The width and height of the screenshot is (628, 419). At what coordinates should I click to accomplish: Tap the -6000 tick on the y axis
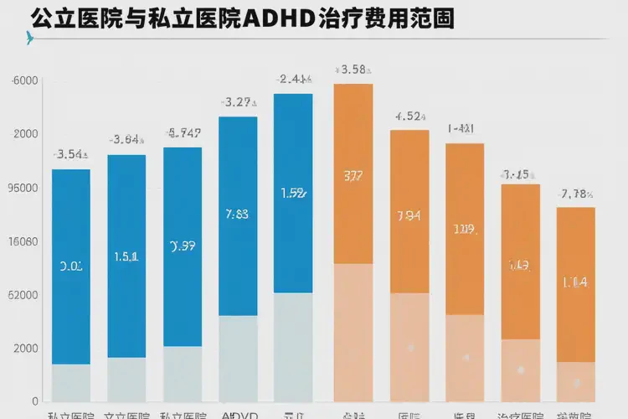coord(23,81)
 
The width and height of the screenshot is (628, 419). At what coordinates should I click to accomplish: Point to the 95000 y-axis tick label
coord(23,188)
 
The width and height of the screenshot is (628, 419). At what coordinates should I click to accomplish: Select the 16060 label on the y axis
coord(23,241)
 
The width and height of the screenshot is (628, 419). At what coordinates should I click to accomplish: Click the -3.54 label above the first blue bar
coord(71,154)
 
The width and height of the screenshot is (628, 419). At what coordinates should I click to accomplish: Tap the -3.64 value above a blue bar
coord(126,140)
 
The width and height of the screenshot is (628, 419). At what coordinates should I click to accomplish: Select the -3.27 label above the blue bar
coord(238,102)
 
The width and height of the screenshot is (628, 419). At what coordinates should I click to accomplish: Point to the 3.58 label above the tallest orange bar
coord(353,70)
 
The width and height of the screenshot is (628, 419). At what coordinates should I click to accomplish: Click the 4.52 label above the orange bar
coord(410,116)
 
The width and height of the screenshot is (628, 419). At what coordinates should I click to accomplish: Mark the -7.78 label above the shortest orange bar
coord(576,194)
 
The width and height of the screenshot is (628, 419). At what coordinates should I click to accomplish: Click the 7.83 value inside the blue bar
coord(238,214)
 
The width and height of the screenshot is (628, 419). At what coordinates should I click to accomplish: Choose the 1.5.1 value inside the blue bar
coord(126,256)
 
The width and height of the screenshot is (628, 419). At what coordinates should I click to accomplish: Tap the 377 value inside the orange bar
coord(353,176)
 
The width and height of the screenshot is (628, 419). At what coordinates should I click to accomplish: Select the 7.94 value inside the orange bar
coord(409,215)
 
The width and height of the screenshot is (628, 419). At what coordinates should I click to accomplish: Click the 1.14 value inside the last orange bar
coord(576,282)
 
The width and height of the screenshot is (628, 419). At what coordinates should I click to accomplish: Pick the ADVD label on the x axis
coord(238,415)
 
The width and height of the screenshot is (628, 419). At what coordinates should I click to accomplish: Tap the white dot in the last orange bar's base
coord(576,383)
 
